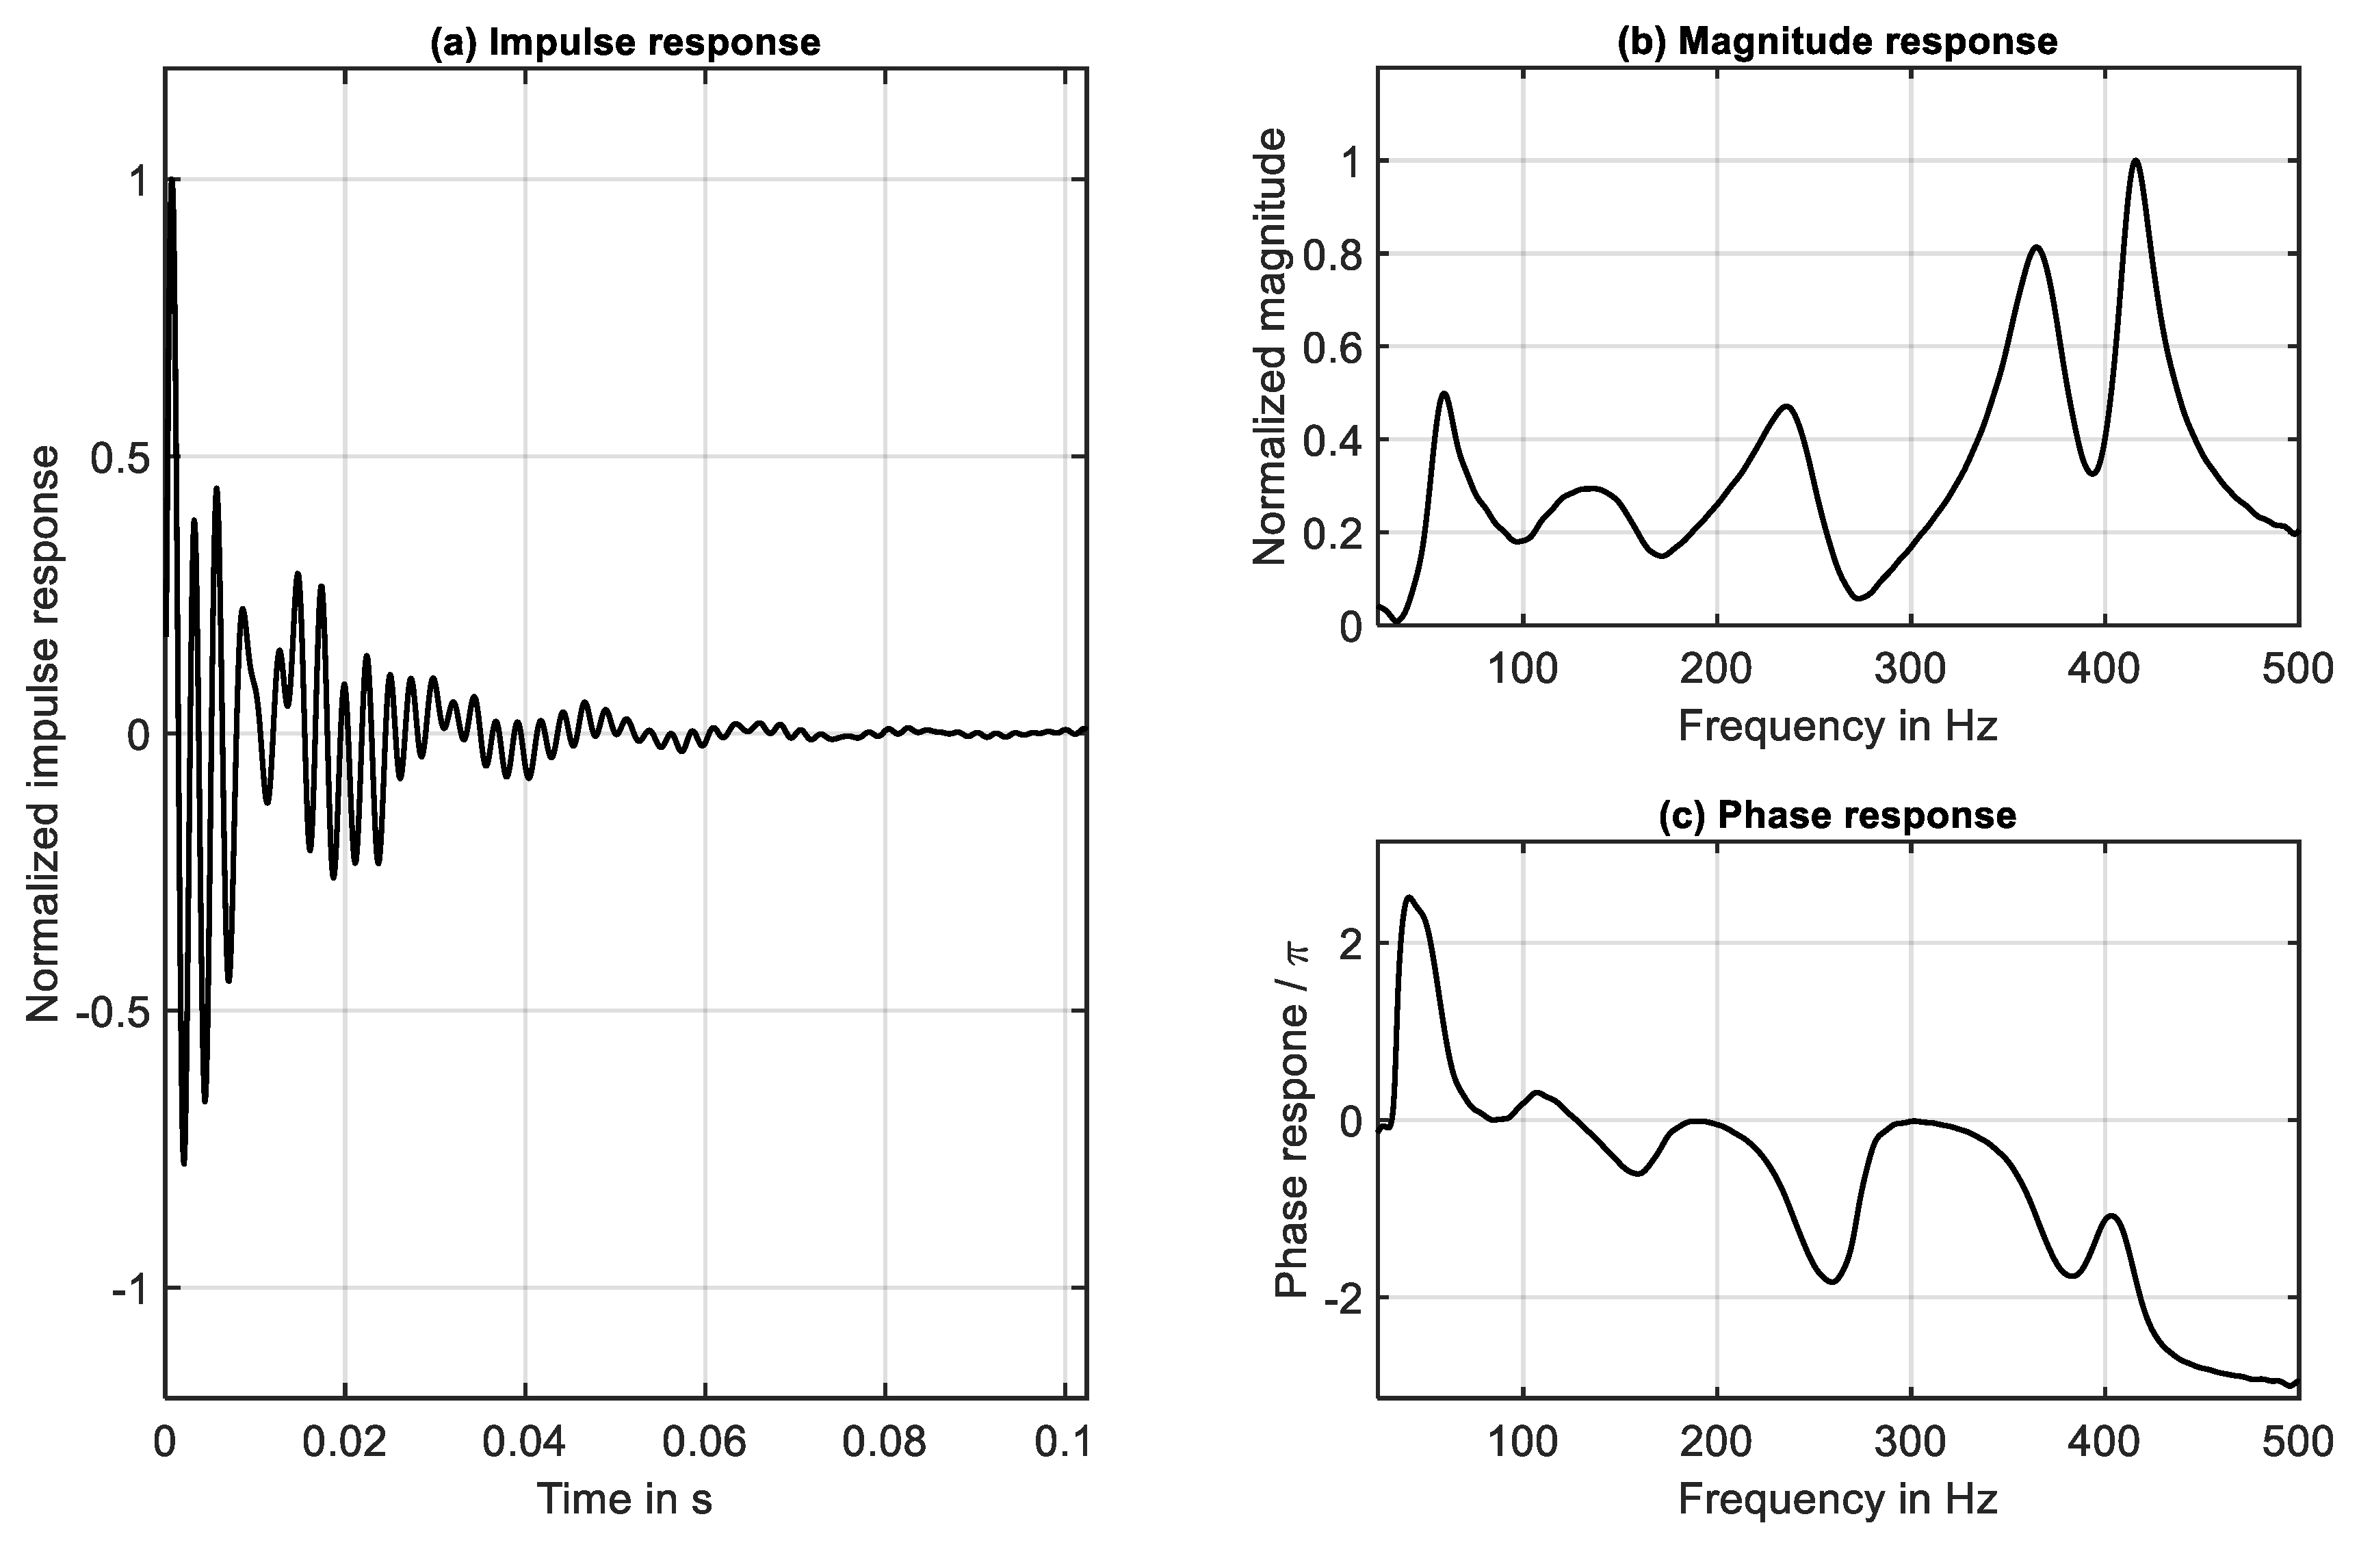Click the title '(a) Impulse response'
[625, 42]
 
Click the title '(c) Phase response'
[1837, 815]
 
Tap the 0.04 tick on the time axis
[524, 1443]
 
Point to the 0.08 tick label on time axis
[884, 1443]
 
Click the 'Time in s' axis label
[625, 1499]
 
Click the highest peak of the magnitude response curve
[2135, 161]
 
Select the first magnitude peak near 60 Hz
[1444, 393]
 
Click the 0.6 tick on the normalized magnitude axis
[1331, 347]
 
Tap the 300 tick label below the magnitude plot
[1910, 670]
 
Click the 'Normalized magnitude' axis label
[1270, 347]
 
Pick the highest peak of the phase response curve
[1409, 898]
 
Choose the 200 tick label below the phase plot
[1716, 1443]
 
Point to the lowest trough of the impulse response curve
[184, 1162]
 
